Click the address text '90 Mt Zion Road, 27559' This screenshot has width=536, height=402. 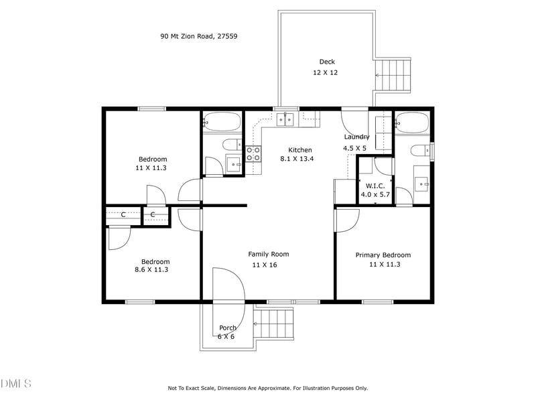(198, 36)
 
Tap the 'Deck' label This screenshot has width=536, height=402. (326, 62)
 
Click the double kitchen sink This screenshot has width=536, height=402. (286, 120)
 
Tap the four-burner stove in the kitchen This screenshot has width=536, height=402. (253, 153)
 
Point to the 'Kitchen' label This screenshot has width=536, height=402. (300, 149)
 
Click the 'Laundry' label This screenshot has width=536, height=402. (356, 137)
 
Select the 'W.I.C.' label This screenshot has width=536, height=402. (375, 186)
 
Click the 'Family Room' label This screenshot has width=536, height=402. (268, 254)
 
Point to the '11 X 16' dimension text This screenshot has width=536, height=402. (265, 265)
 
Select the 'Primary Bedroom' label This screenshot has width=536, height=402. (383, 255)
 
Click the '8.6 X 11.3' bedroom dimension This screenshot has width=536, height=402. (151, 270)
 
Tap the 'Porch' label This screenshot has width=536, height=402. (227, 328)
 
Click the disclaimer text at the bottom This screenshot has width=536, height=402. (267, 388)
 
